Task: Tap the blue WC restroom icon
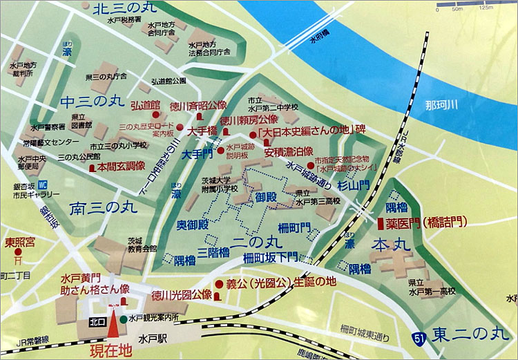42,185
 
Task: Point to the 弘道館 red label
145,105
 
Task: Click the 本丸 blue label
390,245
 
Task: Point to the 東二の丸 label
470,335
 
